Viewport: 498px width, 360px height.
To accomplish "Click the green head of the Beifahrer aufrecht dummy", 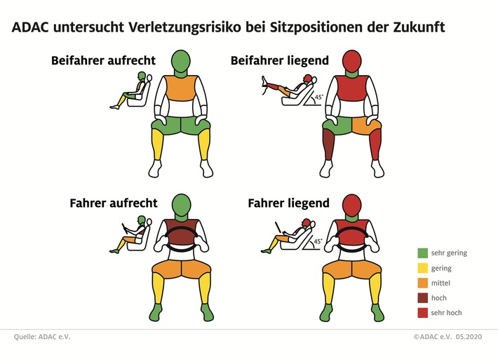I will point(181,61).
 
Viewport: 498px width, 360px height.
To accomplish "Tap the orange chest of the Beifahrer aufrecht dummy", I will point(181,90).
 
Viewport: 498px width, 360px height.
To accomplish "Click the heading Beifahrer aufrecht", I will point(103,60).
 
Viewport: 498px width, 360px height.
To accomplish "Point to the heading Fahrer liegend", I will point(288,204).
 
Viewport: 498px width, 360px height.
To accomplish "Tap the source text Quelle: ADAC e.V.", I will point(42,338).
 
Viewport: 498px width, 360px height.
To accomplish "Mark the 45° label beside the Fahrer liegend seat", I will point(317,241).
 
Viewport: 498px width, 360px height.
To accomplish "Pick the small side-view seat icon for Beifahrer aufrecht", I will point(133,91).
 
